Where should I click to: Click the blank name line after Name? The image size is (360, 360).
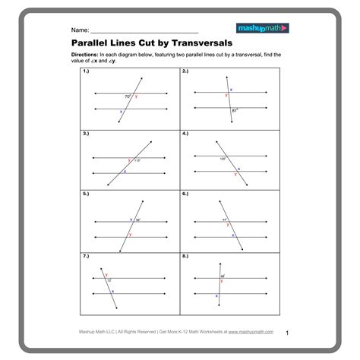tap(144, 30)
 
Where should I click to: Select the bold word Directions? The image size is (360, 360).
tap(84, 55)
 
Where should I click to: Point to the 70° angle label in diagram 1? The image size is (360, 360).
tap(128, 96)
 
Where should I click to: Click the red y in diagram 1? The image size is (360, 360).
tap(136, 96)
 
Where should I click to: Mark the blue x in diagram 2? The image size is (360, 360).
tap(231, 90)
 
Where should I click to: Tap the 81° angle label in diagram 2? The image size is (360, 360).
tap(235, 111)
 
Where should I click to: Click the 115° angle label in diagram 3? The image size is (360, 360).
tap(137, 160)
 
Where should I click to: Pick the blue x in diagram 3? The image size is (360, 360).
tap(125, 171)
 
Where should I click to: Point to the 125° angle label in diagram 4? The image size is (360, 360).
tap(223, 159)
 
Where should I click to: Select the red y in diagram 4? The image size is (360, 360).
tap(235, 174)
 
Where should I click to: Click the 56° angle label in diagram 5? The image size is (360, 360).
tap(137, 219)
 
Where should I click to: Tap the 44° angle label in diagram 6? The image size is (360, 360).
tap(225, 220)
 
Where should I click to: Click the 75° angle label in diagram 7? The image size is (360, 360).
tap(109, 279)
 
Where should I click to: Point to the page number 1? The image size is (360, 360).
tap(288, 333)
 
